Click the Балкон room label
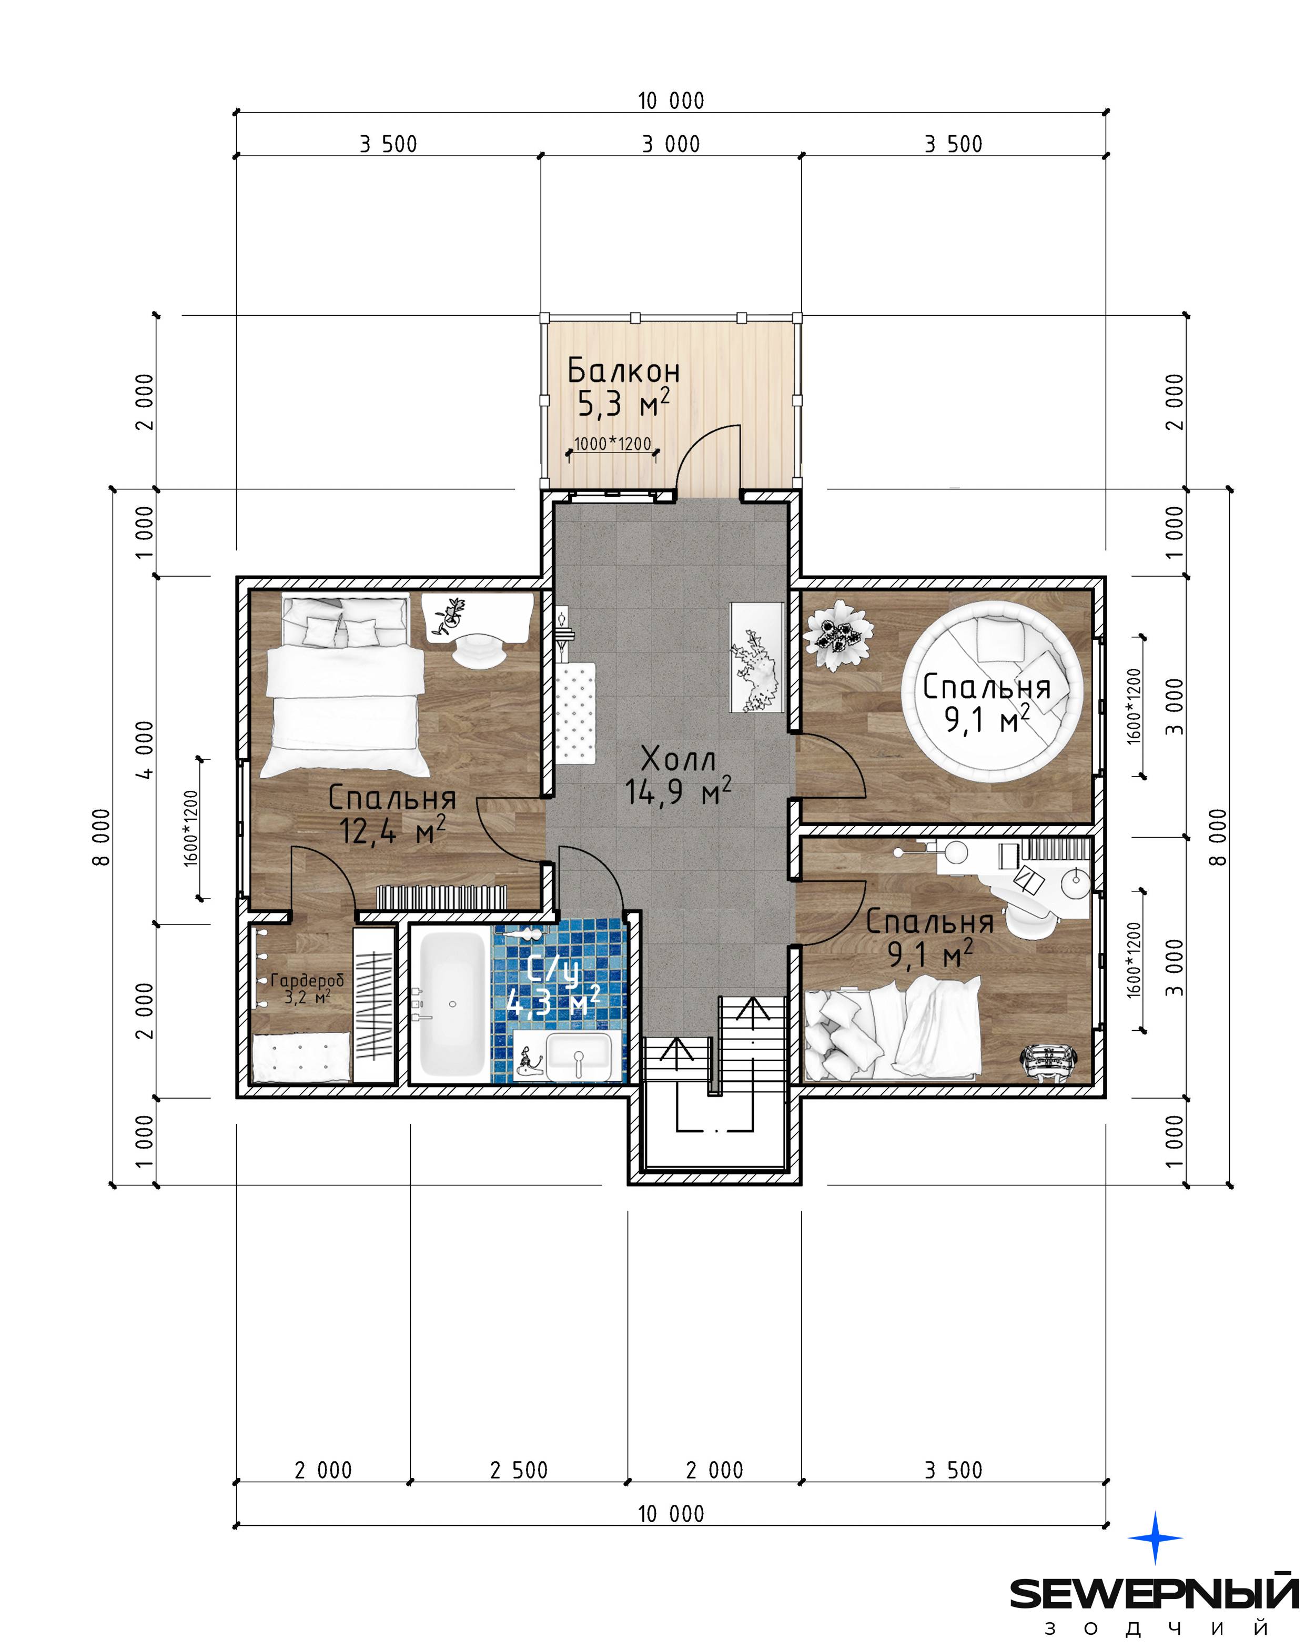click(x=623, y=371)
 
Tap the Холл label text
click(x=678, y=759)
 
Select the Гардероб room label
click(x=307, y=980)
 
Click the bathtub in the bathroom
click(x=452, y=1003)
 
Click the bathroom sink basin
click(x=579, y=1054)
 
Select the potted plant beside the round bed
click(x=838, y=635)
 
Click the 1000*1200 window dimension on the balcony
click(x=612, y=444)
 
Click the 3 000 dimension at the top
click(x=671, y=144)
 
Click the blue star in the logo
click(x=1155, y=1537)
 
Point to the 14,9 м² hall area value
click(x=678, y=791)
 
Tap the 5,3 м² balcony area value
click(x=623, y=403)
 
